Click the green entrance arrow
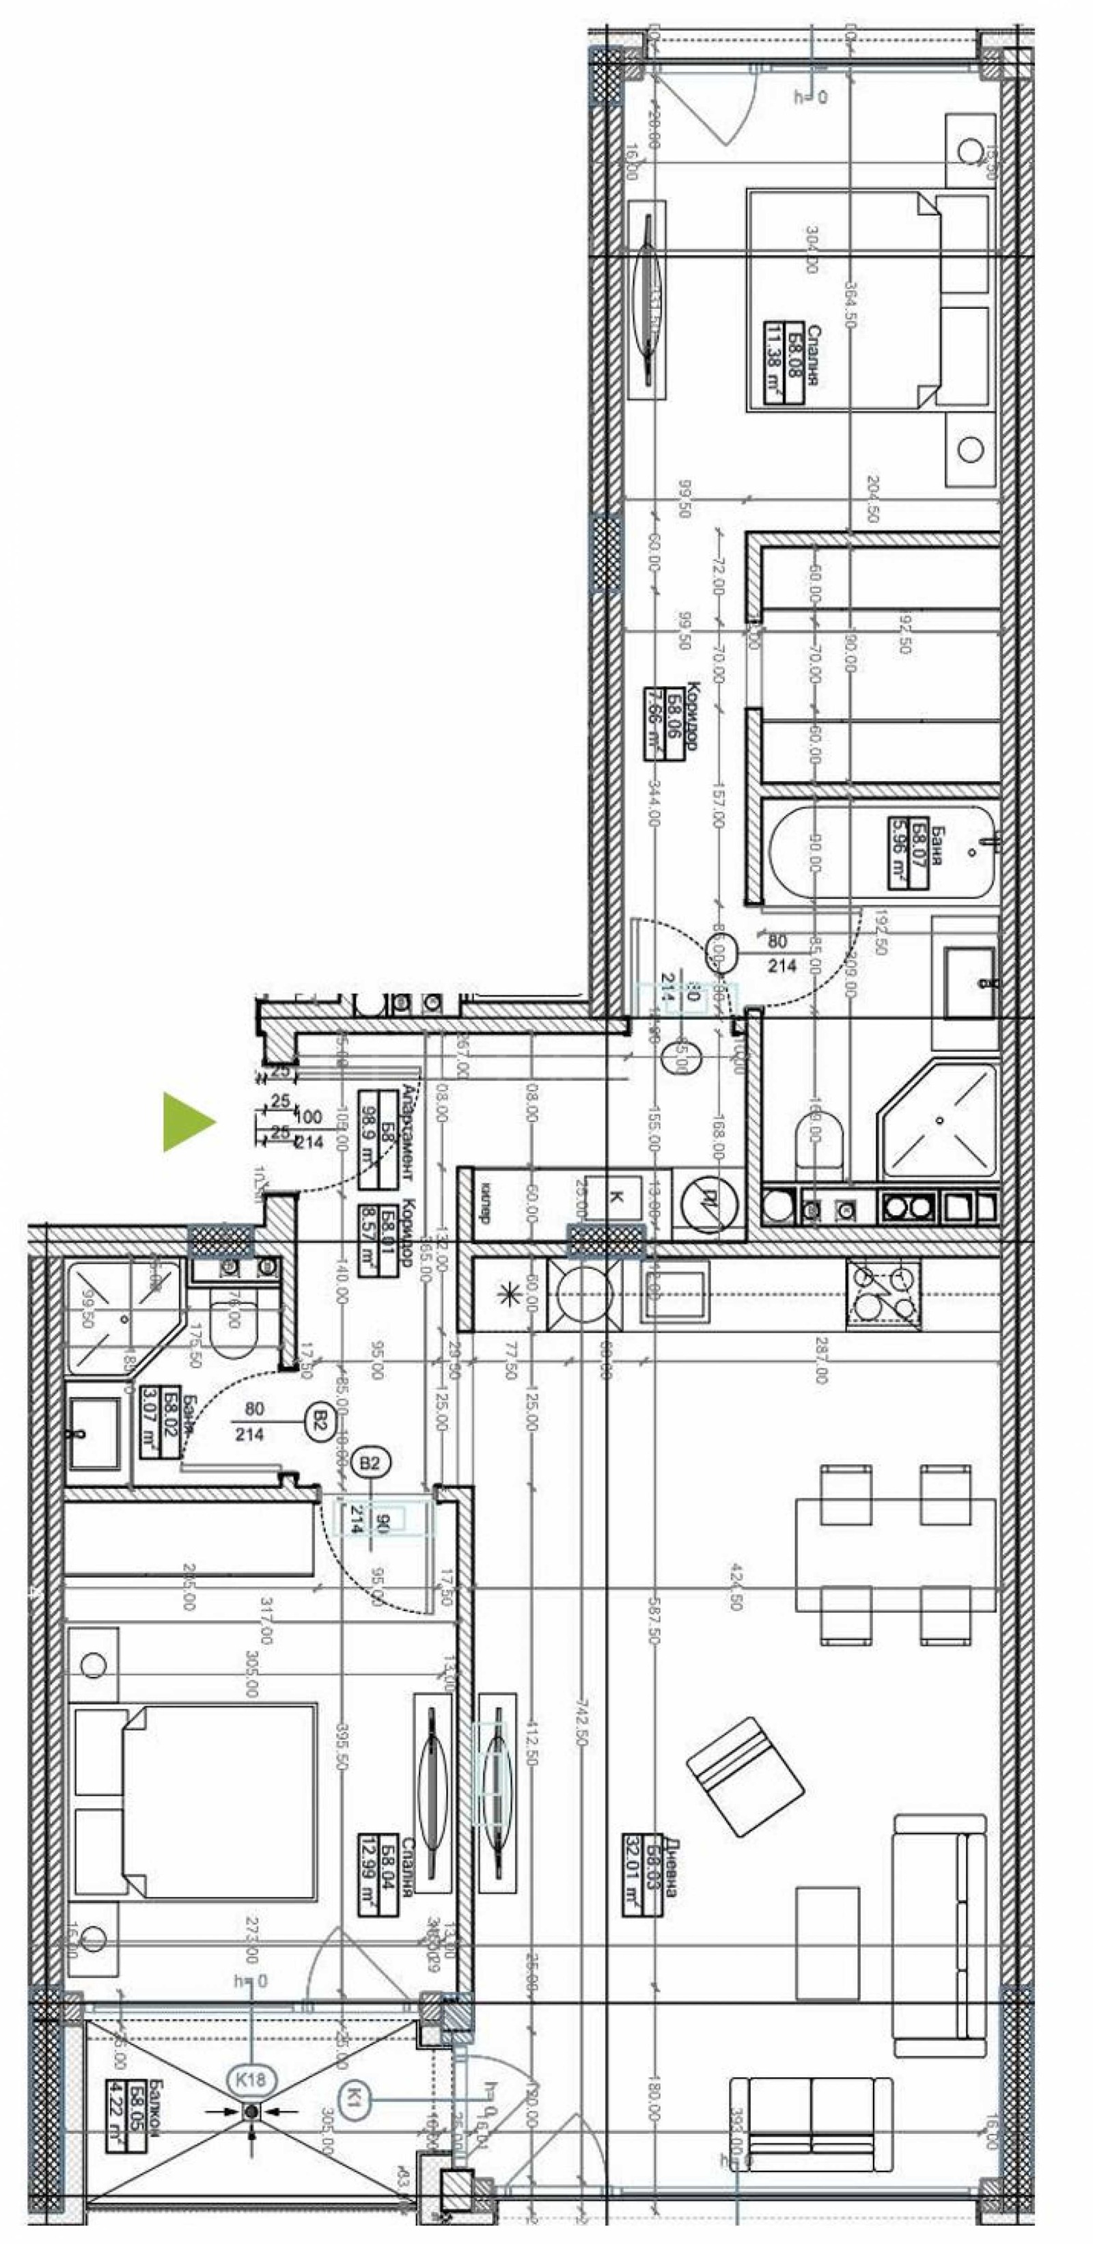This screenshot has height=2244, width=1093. (187, 1122)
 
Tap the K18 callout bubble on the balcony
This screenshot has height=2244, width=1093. (251, 2079)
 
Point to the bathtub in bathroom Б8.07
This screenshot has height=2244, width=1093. (880, 852)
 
